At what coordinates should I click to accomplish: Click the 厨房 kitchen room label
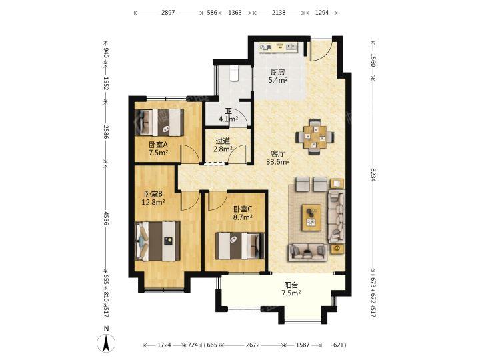pyautogui.click(x=278, y=72)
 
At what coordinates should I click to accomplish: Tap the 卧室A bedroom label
pyautogui.click(x=159, y=145)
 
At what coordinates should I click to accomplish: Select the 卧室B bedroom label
pyautogui.click(x=153, y=194)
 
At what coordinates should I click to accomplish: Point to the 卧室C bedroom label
pyautogui.click(x=243, y=209)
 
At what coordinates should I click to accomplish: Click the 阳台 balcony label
pyautogui.click(x=291, y=285)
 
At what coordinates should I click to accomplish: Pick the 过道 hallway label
pyautogui.click(x=223, y=141)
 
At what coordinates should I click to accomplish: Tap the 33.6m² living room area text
pyautogui.click(x=278, y=161)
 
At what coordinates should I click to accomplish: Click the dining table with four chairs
pyautogui.click(x=315, y=137)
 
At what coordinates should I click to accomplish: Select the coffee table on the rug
pyautogui.click(x=311, y=217)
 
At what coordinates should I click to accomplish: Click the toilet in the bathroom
pyautogui.click(x=234, y=73)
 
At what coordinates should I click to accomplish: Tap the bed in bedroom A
pyautogui.click(x=159, y=123)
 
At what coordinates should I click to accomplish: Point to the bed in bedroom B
pyautogui.click(x=157, y=241)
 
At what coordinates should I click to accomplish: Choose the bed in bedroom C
pyautogui.click(x=240, y=246)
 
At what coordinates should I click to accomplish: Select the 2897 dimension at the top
pyautogui.click(x=168, y=13)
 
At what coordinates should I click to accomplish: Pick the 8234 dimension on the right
pyautogui.click(x=373, y=175)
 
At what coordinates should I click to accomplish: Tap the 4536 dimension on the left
pyautogui.click(x=106, y=218)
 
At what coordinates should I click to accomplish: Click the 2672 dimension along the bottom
pyautogui.click(x=253, y=345)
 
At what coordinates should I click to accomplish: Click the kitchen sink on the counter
pyautogui.click(x=291, y=47)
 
